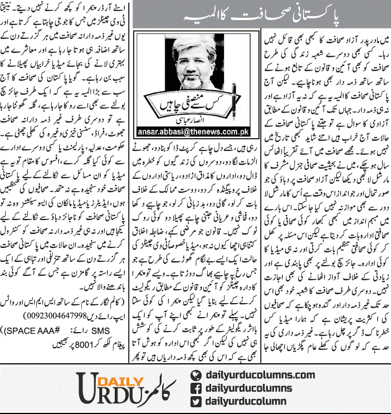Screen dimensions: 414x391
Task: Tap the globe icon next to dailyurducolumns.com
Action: click(195, 376)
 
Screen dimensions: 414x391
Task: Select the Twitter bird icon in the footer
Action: click(195, 401)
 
